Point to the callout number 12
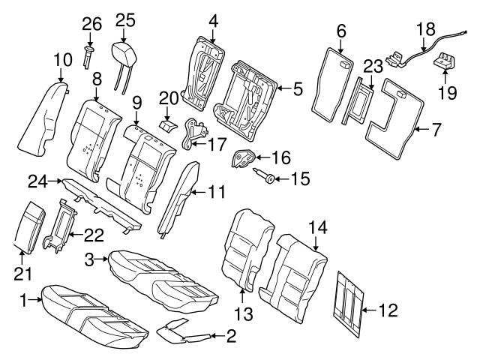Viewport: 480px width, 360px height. pyautogui.click(x=388, y=308)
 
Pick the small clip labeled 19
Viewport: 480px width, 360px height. pyautogui.click(x=444, y=62)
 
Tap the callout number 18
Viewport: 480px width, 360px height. pyautogui.click(x=425, y=28)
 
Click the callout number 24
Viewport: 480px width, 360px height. pyautogui.click(x=37, y=181)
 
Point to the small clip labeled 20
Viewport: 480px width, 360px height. pyautogui.click(x=168, y=121)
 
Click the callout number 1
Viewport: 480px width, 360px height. pyautogui.click(x=23, y=300)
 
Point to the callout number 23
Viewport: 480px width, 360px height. pyautogui.click(x=373, y=66)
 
